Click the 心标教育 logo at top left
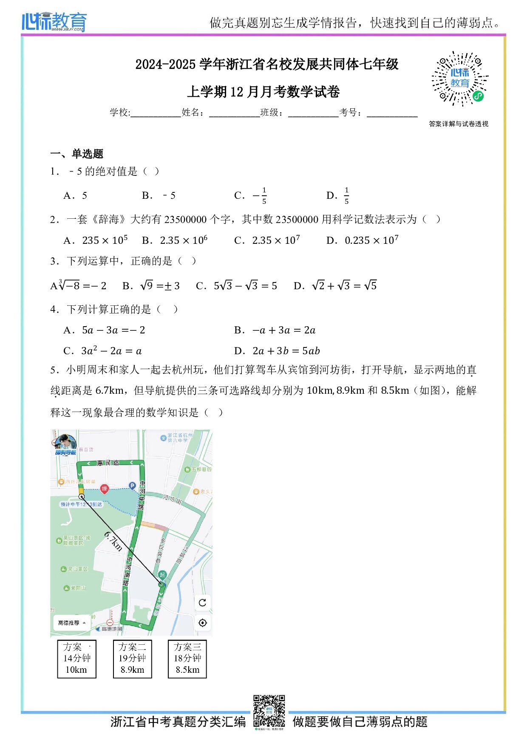pos(54,22)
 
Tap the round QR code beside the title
pos(460,79)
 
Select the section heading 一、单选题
pos(76,154)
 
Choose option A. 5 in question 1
pos(76,196)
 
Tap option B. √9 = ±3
pos(151,286)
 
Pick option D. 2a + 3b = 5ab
pos(277,351)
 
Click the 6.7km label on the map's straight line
pos(113,542)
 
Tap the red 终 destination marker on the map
pos(104,489)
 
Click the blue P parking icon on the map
pos(132,485)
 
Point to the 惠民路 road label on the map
pos(108,463)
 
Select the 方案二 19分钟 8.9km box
pos(132,659)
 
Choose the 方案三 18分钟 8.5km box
pos(187,659)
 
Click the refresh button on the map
pos(202,602)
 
